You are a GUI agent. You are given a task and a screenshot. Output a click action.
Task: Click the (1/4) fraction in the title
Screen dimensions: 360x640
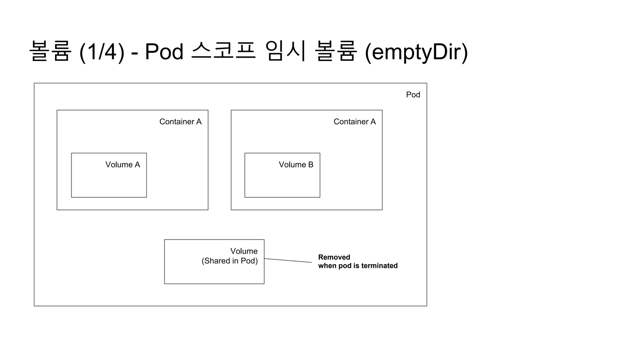102,52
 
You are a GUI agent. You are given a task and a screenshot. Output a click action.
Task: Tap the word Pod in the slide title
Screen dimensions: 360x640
164,52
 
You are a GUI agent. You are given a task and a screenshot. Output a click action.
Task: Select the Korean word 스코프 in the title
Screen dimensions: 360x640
223,51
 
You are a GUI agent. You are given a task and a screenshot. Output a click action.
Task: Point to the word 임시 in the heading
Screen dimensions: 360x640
285,51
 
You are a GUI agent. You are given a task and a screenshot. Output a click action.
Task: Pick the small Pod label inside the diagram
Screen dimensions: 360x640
413,95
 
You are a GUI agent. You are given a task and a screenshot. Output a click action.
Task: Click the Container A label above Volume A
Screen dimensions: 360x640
180,122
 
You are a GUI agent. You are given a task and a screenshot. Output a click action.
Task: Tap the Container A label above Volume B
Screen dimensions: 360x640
354,122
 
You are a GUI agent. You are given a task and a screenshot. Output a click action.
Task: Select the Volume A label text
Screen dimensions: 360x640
122,165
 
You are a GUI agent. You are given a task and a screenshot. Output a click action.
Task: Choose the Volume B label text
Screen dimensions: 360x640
296,165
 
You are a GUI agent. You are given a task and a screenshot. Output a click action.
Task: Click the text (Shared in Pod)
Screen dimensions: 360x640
230,261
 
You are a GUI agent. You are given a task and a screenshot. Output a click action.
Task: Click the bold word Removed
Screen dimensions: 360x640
334,257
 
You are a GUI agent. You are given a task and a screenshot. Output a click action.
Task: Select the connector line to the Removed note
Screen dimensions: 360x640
288,261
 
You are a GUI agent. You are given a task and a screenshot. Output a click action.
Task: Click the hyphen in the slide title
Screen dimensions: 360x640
135,52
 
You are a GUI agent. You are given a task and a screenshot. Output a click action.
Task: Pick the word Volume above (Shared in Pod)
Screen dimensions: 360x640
244,251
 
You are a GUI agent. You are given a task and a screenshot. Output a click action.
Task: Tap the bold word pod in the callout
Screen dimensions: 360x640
345,266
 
